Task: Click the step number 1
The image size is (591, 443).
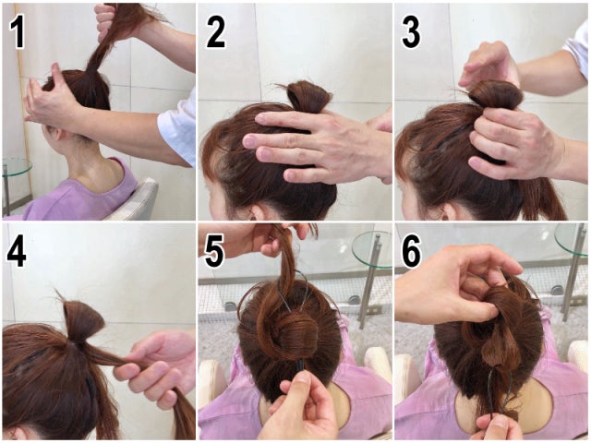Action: (18, 33)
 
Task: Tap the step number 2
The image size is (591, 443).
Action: (216, 33)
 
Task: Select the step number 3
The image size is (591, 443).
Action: (411, 33)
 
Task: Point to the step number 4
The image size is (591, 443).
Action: (17, 252)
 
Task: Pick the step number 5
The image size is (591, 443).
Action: (214, 251)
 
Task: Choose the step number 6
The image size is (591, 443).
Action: (411, 251)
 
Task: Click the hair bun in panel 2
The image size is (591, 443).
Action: (308, 96)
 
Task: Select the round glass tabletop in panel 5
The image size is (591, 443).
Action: (372, 249)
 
